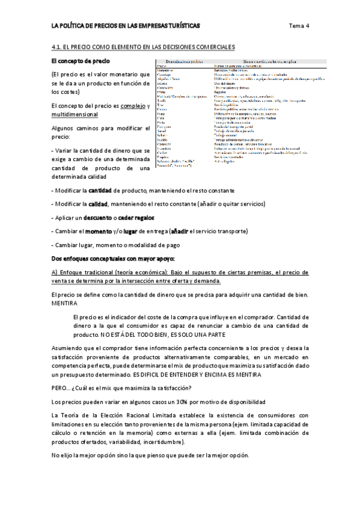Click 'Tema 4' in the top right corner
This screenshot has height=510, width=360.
point(299,26)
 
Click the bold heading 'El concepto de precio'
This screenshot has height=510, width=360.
point(81,61)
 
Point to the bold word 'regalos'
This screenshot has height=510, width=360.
point(146,217)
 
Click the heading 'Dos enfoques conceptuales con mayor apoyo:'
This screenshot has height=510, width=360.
point(113,259)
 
